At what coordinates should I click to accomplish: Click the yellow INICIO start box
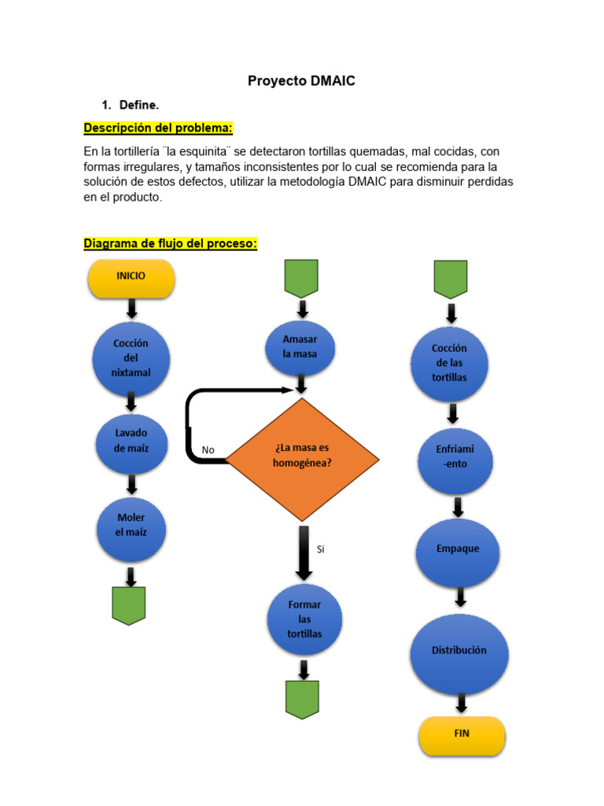[x=131, y=278]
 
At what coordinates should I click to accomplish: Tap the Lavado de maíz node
[x=131, y=441]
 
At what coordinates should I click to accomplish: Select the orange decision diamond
[x=303, y=459]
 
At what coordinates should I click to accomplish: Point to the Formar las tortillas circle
[x=304, y=619]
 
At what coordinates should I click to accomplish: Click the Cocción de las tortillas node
[x=450, y=364]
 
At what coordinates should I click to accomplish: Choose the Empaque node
[x=458, y=549]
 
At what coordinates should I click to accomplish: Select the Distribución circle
[x=459, y=651]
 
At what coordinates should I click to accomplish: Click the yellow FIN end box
[x=462, y=735]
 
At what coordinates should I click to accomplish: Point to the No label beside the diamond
[x=208, y=450]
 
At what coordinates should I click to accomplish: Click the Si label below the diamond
[x=321, y=549]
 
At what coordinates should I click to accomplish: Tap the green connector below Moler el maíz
[x=129, y=605]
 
